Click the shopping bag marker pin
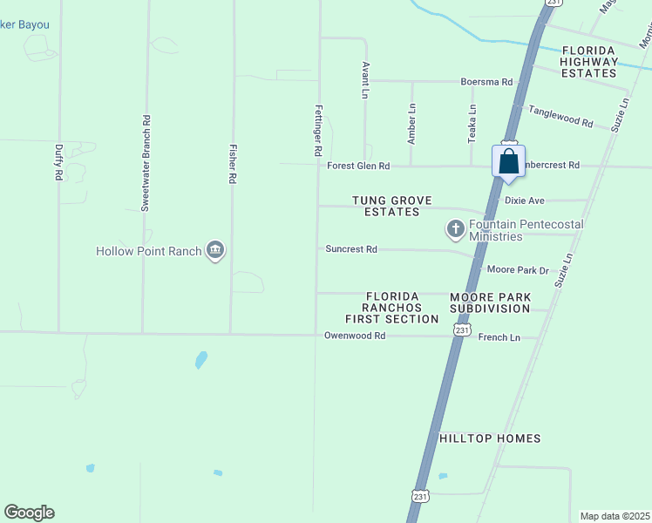coord(508,162)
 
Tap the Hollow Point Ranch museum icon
coord(215,251)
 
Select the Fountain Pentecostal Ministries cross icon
coord(455,229)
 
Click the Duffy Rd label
coord(58,163)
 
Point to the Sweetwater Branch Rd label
coord(146,163)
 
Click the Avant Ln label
coord(365,80)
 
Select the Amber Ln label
coord(412,124)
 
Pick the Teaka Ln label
coord(472,124)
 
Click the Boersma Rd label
coord(486,82)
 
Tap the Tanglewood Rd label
coord(560,117)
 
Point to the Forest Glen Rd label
coord(358,166)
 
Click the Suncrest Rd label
coord(351,249)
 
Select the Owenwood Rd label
coord(355,336)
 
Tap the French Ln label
coord(499,337)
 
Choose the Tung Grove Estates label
coord(386,206)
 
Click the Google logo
coord(29,513)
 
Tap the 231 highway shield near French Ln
coord(462,331)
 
